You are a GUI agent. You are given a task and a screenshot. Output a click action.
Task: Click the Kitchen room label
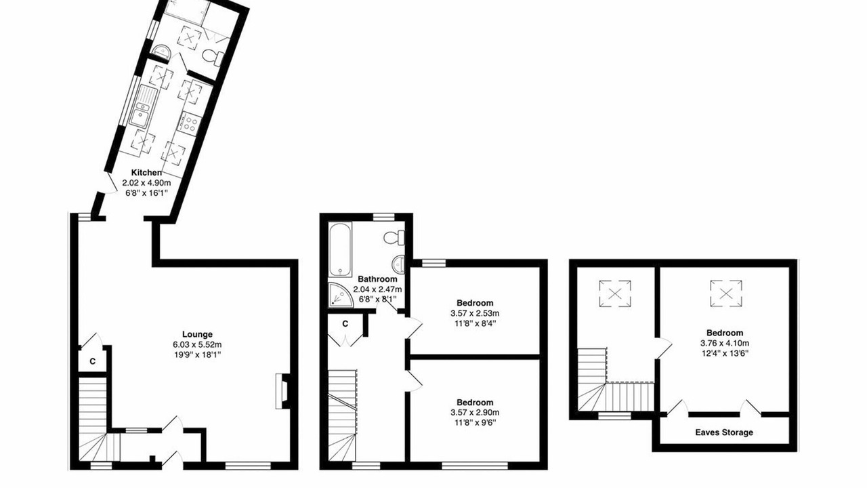click(x=146, y=173)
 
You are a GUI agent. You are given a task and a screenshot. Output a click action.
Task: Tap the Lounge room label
click(x=197, y=334)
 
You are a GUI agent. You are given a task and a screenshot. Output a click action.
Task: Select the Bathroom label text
click(x=377, y=279)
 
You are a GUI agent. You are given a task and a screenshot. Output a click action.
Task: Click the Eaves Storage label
click(x=724, y=432)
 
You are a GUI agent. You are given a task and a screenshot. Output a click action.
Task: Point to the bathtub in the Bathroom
click(x=340, y=249)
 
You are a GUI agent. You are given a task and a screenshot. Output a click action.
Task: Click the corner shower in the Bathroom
click(x=340, y=295)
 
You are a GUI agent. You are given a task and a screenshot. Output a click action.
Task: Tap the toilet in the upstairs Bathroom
click(x=394, y=237)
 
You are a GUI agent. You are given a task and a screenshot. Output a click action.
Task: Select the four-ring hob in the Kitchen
click(x=190, y=122)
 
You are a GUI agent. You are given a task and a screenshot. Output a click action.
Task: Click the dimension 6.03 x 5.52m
click(x=197, y=345)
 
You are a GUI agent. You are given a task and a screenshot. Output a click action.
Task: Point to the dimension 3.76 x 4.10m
click(x=725, y=343)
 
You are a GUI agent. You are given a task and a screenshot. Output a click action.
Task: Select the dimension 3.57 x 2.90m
click(x=475, y=413)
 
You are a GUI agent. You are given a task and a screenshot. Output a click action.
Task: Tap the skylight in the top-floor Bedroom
click(x=726, y=294)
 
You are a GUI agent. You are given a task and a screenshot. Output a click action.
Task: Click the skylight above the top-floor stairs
click(x=615, y=294)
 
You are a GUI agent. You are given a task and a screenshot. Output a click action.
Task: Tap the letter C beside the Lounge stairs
click(x=93, y=362)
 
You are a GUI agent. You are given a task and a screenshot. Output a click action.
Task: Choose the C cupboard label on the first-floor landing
click(x=345, y=324)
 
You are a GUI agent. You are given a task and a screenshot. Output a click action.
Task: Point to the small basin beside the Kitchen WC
click(x=161, y=51)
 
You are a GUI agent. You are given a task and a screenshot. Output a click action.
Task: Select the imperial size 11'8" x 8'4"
click(x=475, y=323)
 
